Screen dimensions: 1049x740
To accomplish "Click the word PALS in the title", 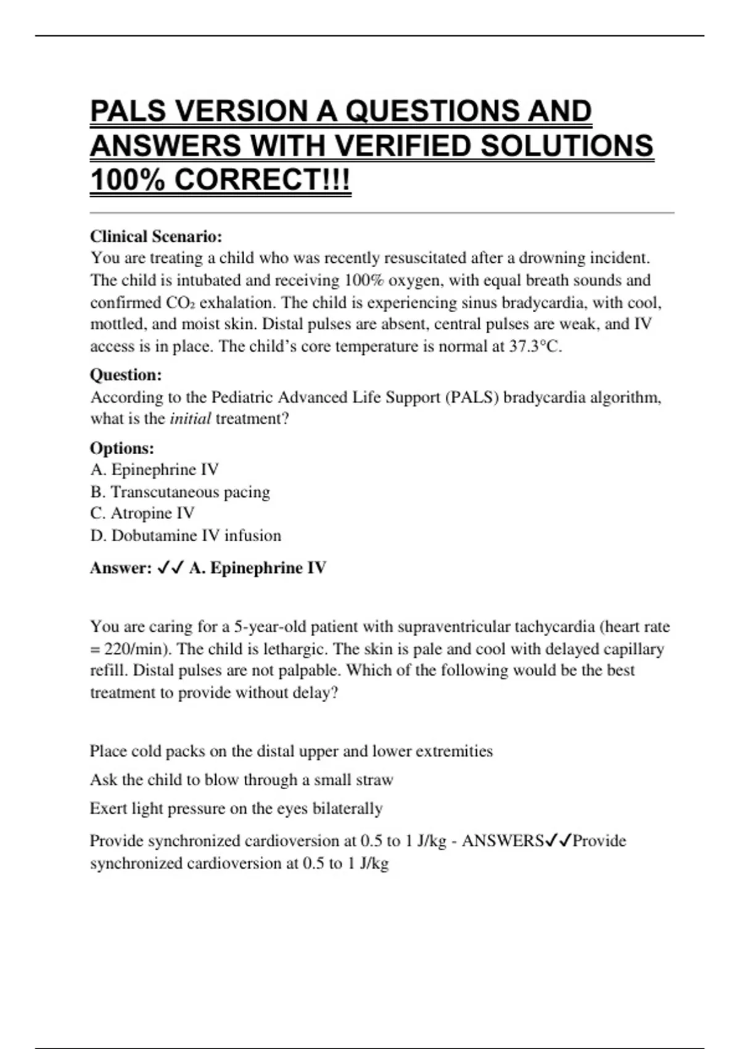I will (128, 112).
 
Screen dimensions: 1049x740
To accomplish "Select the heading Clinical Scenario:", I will (156, 236).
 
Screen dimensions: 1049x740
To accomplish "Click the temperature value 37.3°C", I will (535, 346).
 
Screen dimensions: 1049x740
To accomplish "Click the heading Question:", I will (126, 375).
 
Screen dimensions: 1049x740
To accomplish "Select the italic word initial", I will (190, 418).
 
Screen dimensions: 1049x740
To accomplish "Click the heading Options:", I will (122, 448).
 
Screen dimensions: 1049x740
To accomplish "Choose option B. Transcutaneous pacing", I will (180, 492).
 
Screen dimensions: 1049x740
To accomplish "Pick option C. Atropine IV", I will (142, 513).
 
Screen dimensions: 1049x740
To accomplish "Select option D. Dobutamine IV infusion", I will (186, 536).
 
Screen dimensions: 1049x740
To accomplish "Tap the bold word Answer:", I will (121, 568).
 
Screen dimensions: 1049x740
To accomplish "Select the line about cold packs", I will (291, 751).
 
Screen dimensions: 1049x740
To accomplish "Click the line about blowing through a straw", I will (241, 780).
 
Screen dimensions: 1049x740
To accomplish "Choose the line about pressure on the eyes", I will (236, 808).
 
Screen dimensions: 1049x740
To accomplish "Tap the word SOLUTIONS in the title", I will (566, 146).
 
